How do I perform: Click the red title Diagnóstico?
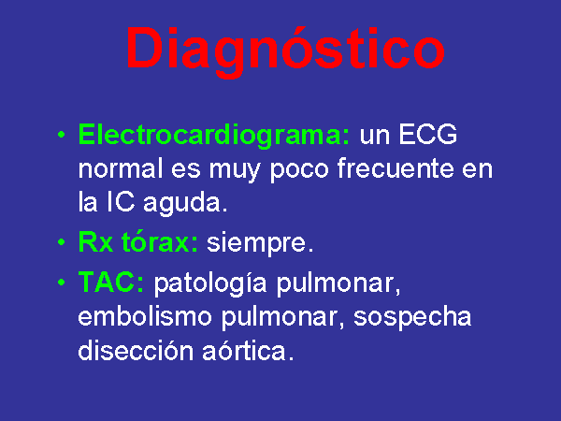tap(285, 51)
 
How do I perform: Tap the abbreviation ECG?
tap(427, 134)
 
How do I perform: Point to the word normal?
tap(121, 168)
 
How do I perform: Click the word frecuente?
tap(396, 168)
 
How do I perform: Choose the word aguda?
tap(185, 204)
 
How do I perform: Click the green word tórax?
tap(159, 241)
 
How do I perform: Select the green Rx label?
tap(95, 241)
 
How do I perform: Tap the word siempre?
tap(260, 243)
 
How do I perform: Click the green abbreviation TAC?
tap(111, 282)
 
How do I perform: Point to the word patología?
tap(210, 283)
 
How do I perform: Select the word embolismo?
tap(145, 316)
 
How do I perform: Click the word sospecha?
tap(412, 318)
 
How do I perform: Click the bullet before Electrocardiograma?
tap(62, 136)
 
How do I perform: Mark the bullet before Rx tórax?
tap(62, 242)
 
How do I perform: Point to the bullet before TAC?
tap(62, 283)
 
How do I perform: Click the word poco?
tap(299, 170)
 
